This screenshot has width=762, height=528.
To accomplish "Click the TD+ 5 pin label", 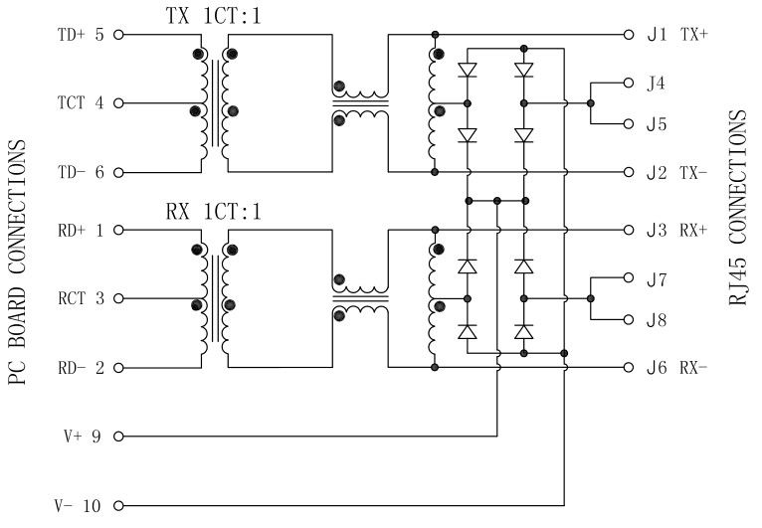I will click(81, 35).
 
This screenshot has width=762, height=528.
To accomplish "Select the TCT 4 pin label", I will click(81, 103).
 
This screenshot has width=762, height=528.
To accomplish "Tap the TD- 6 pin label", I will click(81, 172).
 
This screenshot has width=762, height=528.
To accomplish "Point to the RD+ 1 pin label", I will click(81, 231).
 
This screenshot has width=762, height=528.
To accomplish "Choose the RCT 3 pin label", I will click(81, 299).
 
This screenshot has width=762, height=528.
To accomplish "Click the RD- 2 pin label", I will click(81, 368).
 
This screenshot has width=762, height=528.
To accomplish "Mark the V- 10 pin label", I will click(80, 505).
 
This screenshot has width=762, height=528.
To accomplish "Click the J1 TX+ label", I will click(676, 35).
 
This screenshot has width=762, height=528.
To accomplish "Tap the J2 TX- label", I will click(676, 172).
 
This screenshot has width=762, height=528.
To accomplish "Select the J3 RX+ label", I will click(676, 231).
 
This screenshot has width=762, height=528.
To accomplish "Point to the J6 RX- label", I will click(676, 368).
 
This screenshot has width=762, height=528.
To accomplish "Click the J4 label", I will click(657, 84).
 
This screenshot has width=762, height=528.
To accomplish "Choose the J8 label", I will click(657, 320).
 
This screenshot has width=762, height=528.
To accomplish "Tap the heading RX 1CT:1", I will click(213, 212).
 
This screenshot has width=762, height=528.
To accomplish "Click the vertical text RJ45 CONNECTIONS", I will click(738, 208).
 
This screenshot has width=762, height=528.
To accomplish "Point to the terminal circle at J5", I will click(629, 124).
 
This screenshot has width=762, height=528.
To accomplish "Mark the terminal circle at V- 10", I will click(118, 505).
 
